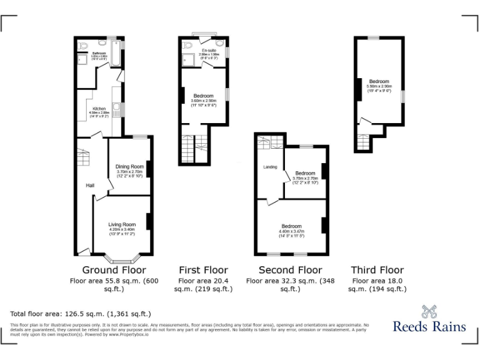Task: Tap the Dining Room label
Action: [130, 166]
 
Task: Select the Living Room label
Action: [122, 224]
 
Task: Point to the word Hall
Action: [91, 186]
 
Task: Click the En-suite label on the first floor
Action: [208, 50]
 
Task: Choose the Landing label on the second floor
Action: [270, 167]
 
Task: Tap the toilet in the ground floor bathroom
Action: [84, 46]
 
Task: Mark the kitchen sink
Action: [115, 108]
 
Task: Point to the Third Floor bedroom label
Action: [379, 82]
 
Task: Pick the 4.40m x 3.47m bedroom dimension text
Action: [291, 231]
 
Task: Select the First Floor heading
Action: [204, 270]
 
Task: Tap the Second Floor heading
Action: [290, 270]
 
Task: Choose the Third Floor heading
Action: [377, 270]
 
